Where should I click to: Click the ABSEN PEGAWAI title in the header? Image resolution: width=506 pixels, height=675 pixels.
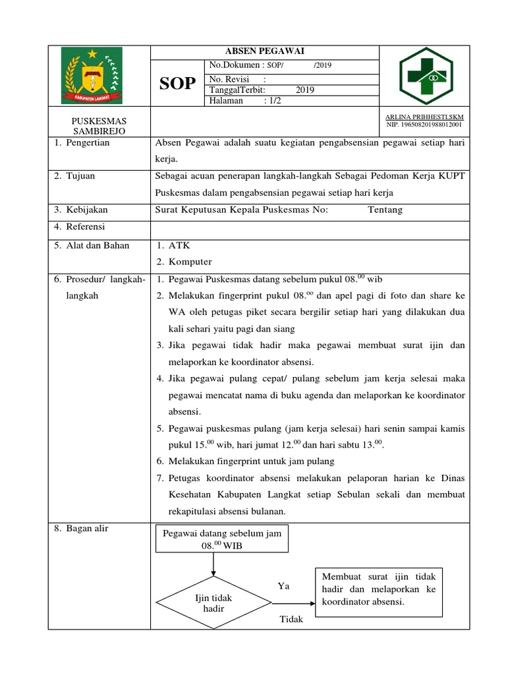(x=265, y=52)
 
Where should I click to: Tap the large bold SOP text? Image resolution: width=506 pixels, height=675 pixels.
(x=178, y=83)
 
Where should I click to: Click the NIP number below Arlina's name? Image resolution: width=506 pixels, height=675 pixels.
(x=424, y=124)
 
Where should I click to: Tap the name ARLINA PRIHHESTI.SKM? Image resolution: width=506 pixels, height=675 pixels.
(x=424, y=117)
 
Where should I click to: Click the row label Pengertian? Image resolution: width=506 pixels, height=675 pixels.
(x=87, y=143)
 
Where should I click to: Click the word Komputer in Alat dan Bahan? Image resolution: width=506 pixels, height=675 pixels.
(x=190, y=262)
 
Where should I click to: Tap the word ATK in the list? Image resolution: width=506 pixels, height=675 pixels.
(x=179, y=245)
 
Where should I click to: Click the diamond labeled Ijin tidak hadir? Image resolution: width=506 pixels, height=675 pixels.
(x=213, y=602)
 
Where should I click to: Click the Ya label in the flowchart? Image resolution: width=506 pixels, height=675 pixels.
(x=283, y=586)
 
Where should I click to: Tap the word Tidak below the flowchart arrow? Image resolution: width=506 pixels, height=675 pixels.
(x=292, y=619)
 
